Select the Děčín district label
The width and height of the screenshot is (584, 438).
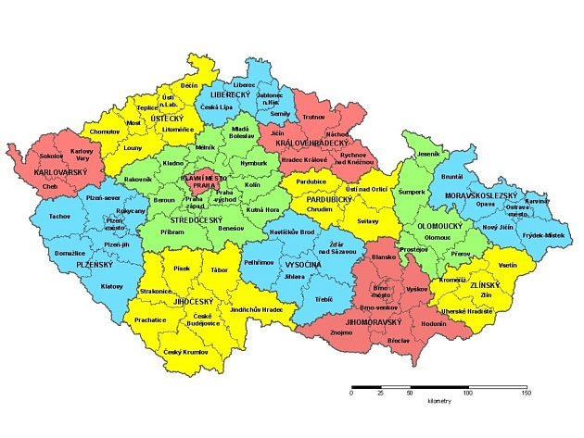(x=189, y=85)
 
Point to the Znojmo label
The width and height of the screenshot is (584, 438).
(x=342, y=331)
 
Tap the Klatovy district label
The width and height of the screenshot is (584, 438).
(x=112, y=286)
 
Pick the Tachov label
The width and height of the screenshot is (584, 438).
(x=60, y=216)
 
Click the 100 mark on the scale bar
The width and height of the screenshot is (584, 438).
(x=468, y=394)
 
